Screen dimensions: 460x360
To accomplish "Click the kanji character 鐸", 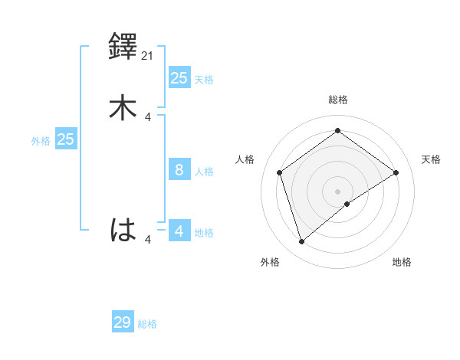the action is [x=123, y=48].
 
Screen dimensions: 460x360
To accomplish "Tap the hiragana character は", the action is [x=123, y=230].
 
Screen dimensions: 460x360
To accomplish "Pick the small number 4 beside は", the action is [x=148, y=240].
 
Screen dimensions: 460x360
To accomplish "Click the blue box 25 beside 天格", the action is [x=179, y=77].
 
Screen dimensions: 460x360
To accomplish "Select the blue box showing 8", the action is [x=179, y=170].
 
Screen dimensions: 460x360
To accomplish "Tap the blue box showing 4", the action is [x=179, y=231].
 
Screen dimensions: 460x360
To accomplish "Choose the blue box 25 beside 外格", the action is [x=66, y=139].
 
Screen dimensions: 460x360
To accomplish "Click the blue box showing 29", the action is [x=123, y=322].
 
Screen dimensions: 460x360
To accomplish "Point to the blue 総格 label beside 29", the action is [x=148, y=324].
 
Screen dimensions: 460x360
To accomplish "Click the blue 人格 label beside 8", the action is [x=205, y=172].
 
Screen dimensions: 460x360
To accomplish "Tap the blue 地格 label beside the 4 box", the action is [x=205, y=233].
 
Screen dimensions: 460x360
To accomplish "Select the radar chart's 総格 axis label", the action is [x=338, y=100].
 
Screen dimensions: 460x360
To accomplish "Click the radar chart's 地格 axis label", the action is [x=402, y=263].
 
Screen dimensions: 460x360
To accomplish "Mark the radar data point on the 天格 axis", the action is [x=396, y=172].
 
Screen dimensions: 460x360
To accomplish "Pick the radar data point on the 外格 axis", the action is [x=302, y=242].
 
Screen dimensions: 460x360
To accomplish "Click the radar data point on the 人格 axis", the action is [x=280, y=172].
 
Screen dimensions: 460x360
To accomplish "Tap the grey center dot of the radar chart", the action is [x=338, y=191].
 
